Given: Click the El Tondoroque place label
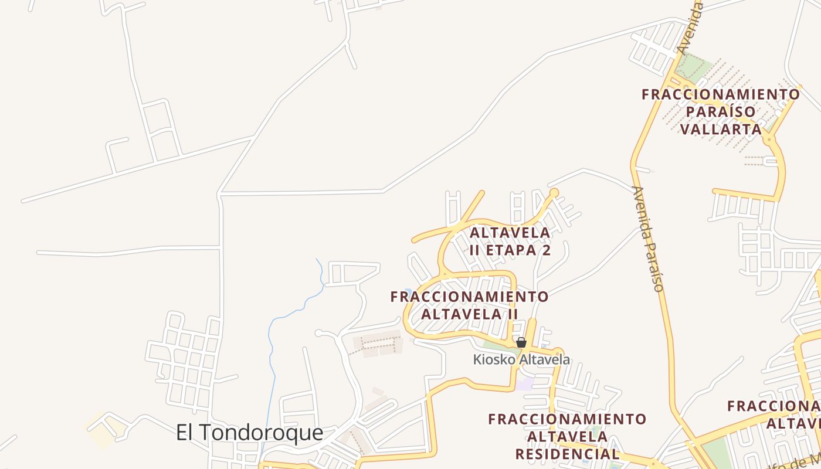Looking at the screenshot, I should pos(249,433).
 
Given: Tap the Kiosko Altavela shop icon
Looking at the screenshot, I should pos(521,342).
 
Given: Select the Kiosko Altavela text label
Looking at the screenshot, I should pos(521,359).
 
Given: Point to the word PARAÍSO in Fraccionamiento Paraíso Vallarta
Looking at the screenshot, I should pos(720,111).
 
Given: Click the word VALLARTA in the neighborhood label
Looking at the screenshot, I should pos(721,129).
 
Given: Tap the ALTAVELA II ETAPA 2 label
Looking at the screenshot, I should pos(510,241).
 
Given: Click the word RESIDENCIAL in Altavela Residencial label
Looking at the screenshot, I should pos(567,454).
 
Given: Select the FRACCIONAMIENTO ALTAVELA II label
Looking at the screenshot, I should pos(469,305).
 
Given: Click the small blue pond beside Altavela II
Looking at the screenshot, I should pos(408,291).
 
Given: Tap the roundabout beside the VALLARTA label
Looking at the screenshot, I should pos(769,140).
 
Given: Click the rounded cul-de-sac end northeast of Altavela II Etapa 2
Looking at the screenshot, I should pos(554,192).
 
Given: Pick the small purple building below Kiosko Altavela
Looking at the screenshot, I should pos(525,384).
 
